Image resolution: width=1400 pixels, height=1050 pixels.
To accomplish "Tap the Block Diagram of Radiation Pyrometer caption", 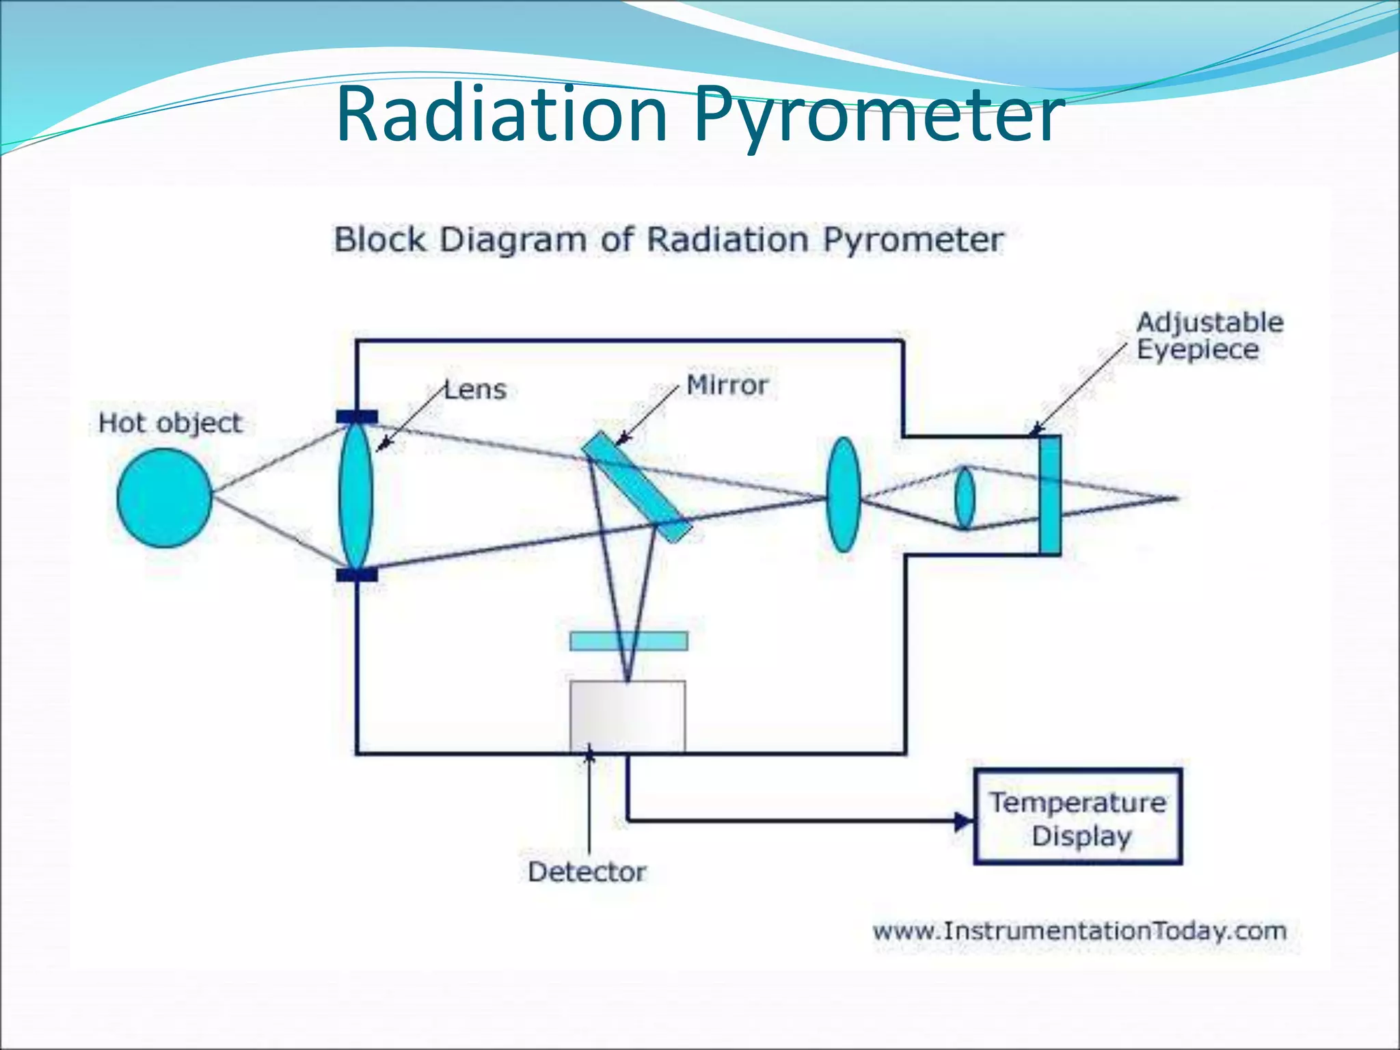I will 668,240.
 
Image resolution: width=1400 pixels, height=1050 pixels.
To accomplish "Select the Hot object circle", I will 164,498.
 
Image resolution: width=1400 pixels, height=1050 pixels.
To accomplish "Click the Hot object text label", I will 170,422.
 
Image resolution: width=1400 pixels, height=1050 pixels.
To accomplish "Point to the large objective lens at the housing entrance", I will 355,496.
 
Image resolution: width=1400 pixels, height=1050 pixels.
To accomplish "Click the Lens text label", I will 476,390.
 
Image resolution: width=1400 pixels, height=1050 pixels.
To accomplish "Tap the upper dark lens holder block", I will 356,417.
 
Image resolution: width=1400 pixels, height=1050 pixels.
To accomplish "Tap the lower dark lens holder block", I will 356,575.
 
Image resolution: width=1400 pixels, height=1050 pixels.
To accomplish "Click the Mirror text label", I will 727,385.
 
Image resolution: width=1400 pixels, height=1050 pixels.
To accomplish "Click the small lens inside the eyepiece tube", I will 964,498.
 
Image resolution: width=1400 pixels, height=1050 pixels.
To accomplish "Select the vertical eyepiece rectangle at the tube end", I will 1050,495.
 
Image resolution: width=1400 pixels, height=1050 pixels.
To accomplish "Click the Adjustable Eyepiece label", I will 1209,336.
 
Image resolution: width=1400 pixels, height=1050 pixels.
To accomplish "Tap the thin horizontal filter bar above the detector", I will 629,641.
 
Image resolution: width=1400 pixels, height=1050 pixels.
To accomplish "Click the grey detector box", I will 628,716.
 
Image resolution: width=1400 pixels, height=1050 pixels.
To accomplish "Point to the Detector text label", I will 587,872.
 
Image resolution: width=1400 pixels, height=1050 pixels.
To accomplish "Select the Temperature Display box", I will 1078,818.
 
